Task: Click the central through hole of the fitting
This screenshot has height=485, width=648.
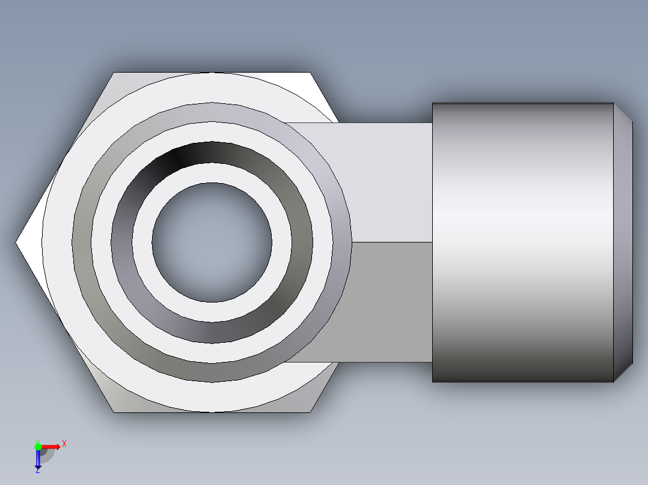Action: coord(212,242)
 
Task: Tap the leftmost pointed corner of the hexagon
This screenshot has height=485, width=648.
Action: coord(16,242)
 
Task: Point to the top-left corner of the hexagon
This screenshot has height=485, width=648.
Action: coord(114,73)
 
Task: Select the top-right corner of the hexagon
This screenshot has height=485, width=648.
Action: coord(311,73)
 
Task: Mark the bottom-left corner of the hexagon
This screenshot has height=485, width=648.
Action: coord(114,412)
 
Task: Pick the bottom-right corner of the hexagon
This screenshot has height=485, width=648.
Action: coord(311,412)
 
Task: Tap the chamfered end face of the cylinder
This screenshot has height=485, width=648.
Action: coord(623,242)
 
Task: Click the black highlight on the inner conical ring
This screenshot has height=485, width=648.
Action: coord(178,157)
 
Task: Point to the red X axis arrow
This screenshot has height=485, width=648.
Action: coord(51,446)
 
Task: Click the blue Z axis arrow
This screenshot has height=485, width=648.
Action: coord(38,460)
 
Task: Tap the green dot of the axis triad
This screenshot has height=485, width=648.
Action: coord(38,446)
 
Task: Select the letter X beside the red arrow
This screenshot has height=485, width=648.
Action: coord(64,444)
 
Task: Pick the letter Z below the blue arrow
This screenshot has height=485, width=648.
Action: coord(37,471)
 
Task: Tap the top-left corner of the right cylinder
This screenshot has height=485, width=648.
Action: coord(433,103)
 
